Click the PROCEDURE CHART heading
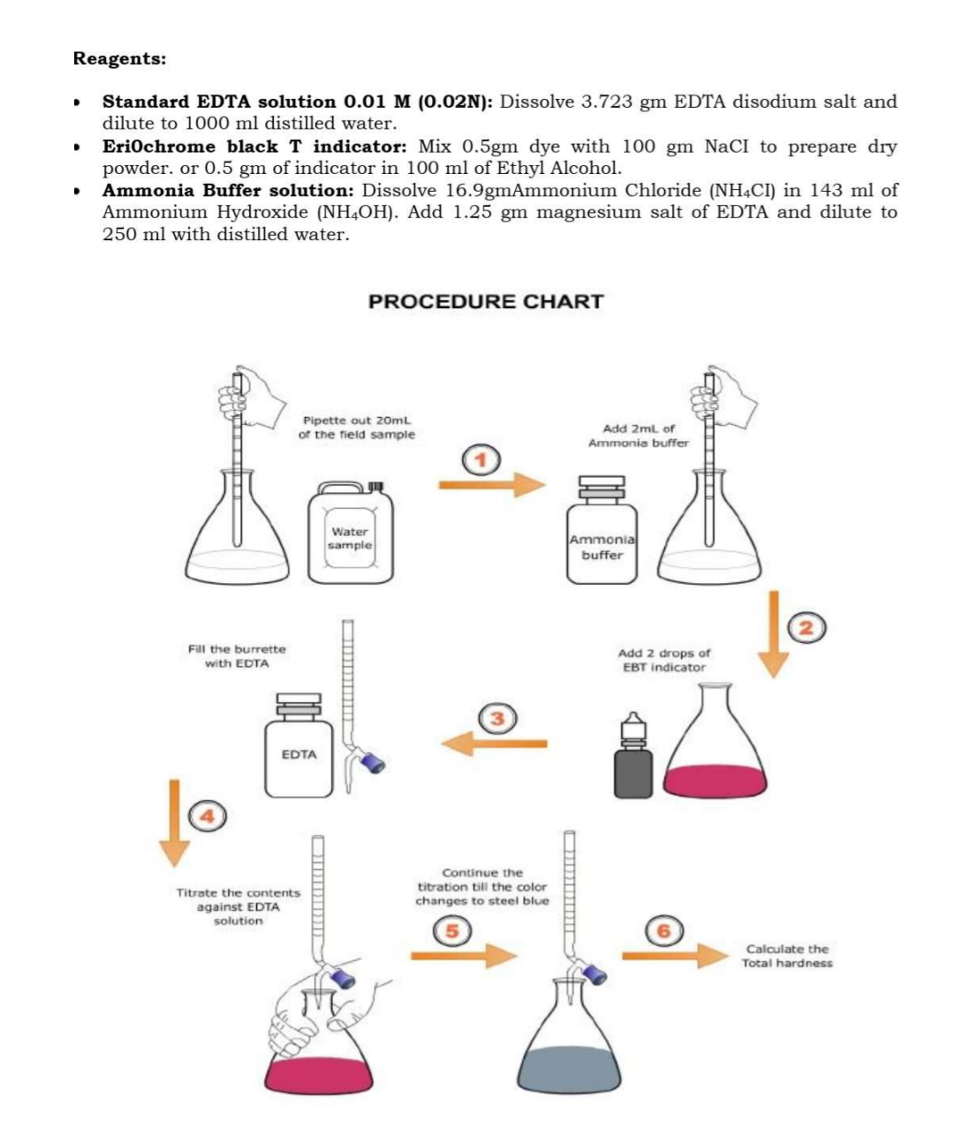click(x=485, y=301)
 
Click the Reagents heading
click(x=119, y=59)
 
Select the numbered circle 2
click(x=806, y=628)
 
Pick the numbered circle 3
click(x=496, y=717)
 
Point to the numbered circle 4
click(x=207, y=816)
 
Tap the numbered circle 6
click(x=664, y=930)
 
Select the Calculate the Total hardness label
click(x=786, y=956)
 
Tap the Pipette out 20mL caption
click(x=356, y=428)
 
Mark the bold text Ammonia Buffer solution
click(x=229, y=190)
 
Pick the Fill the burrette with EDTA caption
click(x=237, y=656)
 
